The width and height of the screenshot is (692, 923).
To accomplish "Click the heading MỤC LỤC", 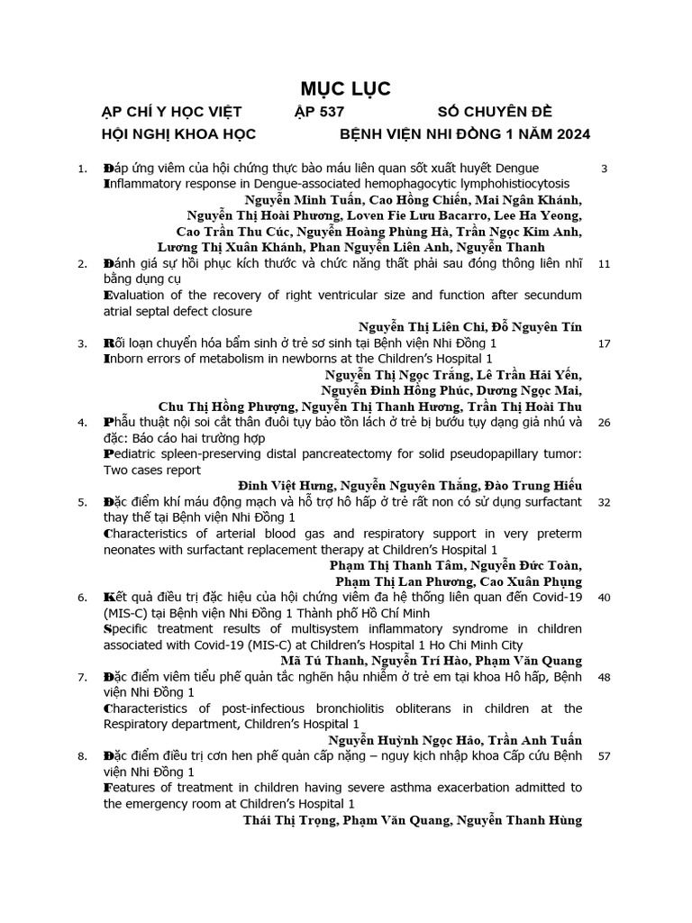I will coord(345,88).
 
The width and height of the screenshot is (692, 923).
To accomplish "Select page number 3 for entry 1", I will coord(604,169).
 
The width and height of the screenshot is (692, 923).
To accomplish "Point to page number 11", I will coord(604,263).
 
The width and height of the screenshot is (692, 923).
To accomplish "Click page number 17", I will coord(604,343).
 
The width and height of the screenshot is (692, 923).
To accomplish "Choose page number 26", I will coord(604,422).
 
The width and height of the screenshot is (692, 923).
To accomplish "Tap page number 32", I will coord(604,501).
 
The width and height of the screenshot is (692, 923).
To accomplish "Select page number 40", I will coord(604,597).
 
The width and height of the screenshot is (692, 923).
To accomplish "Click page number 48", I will coord(604,677).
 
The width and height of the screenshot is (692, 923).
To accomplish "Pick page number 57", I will coord(604,755).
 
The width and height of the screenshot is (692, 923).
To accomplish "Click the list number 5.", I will coord(82,501).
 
